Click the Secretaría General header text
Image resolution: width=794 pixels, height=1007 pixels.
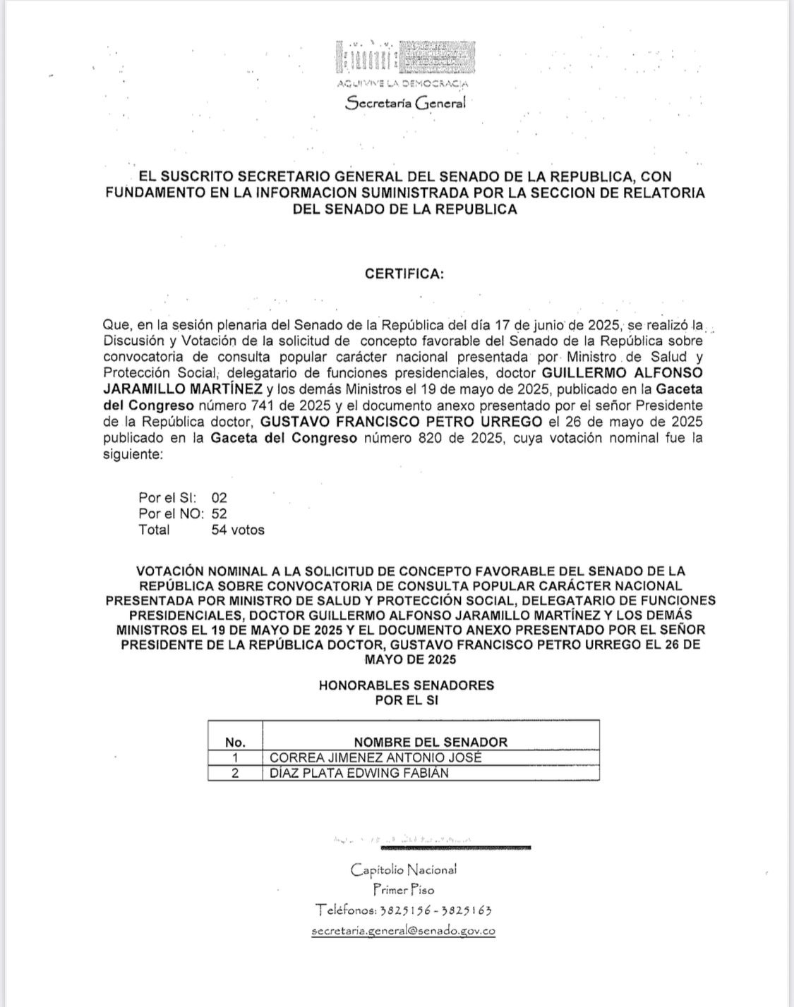click(x=405, y=103)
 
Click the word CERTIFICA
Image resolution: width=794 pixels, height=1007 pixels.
click(x=404, y=274)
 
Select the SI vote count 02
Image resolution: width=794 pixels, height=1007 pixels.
click(x=219, y=498)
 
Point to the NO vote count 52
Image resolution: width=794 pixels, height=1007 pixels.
click(x=219, y=514)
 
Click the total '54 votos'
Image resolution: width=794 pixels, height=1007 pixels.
click(x=238, y=530)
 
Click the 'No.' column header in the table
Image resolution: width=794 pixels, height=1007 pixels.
click(x=235, y=742)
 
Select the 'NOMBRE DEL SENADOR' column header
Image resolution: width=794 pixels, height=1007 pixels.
click(x=431, y=742)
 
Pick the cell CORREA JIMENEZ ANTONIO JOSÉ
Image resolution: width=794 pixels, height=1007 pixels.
click(x=376, y=757)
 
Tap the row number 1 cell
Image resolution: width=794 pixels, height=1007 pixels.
click(x=235, y=757)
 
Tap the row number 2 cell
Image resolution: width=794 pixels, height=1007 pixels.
click(x=235, y=773)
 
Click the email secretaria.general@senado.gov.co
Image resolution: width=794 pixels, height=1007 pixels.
click(x=403, y=931)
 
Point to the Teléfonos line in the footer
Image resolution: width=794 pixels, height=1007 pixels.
click(x=403, y=910)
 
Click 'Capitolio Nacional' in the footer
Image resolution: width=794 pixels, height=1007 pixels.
click(x=404, y=869)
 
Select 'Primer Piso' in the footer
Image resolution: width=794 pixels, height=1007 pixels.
click(x=404, y=890)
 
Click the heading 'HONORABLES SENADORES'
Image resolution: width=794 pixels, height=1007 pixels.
click(x=406, y=685)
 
